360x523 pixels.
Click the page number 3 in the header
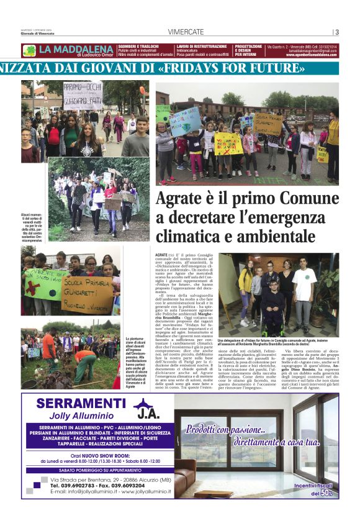tap(336, 32)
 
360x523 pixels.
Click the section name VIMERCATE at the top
tap(186, 32)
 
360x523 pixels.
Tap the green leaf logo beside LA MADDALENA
tap(29, 50)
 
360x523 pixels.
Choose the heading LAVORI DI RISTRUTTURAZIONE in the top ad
tap(202, 46)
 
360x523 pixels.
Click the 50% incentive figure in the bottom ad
tap(325, 493)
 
